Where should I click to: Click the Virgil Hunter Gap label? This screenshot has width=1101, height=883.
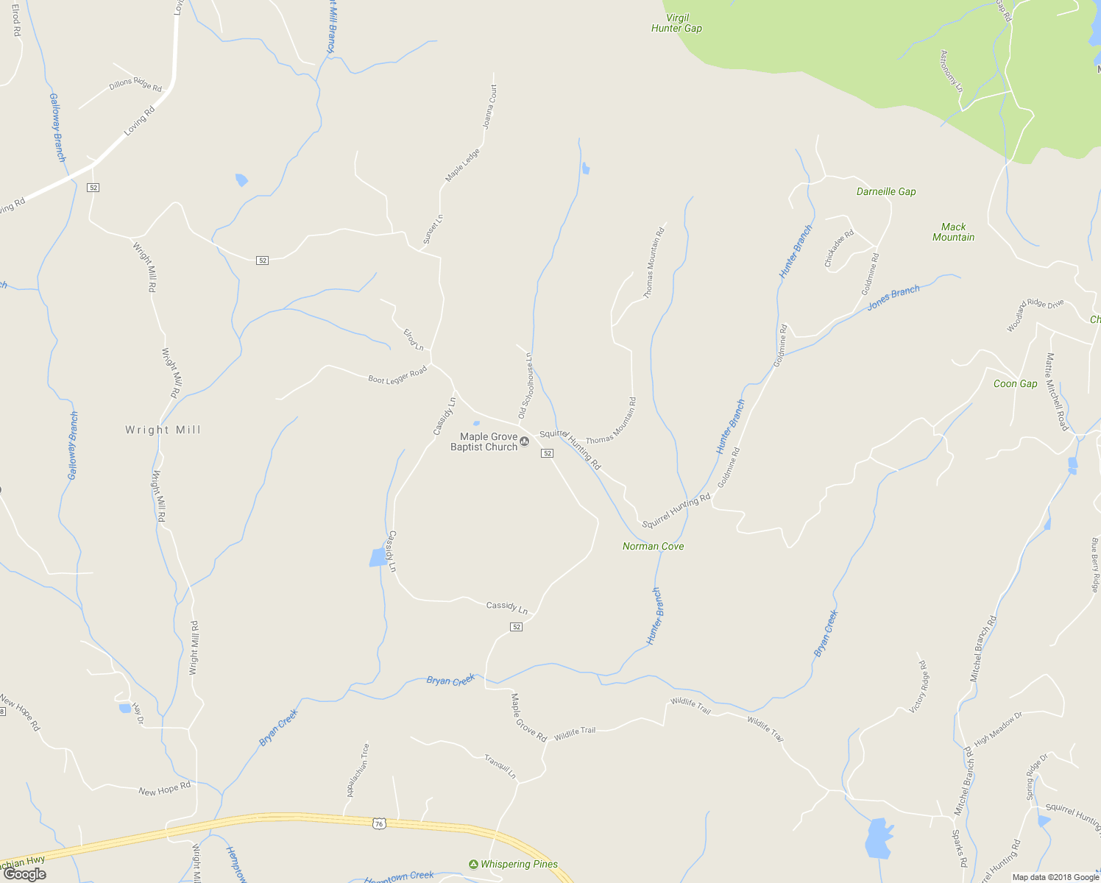tap(676, 23)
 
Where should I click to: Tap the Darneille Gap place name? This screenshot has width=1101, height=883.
tap(886, 191)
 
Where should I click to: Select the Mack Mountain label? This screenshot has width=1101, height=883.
tap(953, 232)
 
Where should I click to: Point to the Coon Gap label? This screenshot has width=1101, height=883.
tap(1015, 383)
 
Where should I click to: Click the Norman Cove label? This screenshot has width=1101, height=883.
tap(653, 546)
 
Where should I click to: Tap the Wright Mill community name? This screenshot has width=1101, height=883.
tap(163, 430)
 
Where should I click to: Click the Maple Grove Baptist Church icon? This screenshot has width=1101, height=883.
tap(525, 441)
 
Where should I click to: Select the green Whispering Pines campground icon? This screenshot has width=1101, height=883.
tap(473, 864)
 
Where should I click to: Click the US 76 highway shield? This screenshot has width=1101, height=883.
tap(379, 823)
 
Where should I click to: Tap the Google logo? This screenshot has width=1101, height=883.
tap(24, 874)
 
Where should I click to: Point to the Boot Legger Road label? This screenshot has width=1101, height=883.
tap(397, 375)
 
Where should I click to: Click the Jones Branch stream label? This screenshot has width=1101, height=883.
tap(893, 297)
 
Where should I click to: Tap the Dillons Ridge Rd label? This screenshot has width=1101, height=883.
tap(135, 85)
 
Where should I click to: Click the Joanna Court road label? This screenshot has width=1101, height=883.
tap(490, 107)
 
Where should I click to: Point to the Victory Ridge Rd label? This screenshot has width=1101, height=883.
tap(918, 687)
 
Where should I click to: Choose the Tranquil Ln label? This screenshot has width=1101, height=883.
tap(500, 766)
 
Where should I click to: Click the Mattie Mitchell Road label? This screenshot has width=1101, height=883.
tap(1056, 391)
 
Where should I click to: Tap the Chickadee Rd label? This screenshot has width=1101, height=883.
tap(839, 248)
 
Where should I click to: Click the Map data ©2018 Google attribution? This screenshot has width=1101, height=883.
tap(1055, 876)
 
